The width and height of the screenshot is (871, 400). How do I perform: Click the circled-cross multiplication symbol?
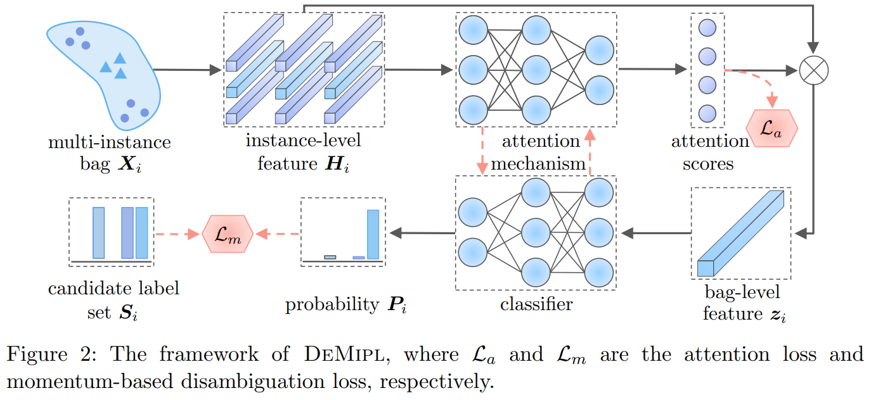(813, 70)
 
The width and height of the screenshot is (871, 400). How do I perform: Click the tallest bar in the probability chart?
(373, 234)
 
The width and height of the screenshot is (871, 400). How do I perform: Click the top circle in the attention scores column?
(707, 28)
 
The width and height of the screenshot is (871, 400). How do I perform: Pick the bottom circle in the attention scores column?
(707, 114)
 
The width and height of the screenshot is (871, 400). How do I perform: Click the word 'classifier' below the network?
(536, 304)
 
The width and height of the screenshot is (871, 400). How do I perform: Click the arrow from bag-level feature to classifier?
(655, 234)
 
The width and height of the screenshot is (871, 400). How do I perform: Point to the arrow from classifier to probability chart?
(422, 234)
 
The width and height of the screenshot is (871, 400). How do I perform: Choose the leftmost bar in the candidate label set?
(98, 233)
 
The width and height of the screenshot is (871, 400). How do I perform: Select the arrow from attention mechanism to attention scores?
(654, 70)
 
